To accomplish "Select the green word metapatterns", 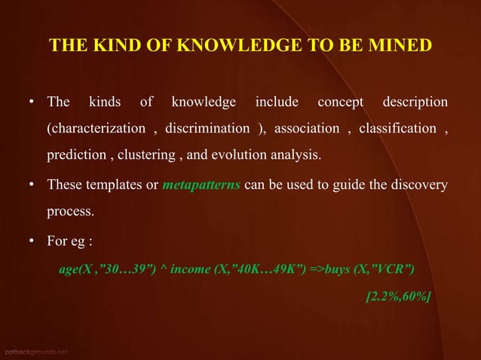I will [202, 185].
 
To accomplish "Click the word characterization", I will [97, 129].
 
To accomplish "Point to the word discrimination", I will [207, 129].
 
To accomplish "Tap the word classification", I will [397, 129].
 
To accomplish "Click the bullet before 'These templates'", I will [33, 185].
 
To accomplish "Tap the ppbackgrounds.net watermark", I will [34, 352].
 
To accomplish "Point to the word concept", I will [340, 102].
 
